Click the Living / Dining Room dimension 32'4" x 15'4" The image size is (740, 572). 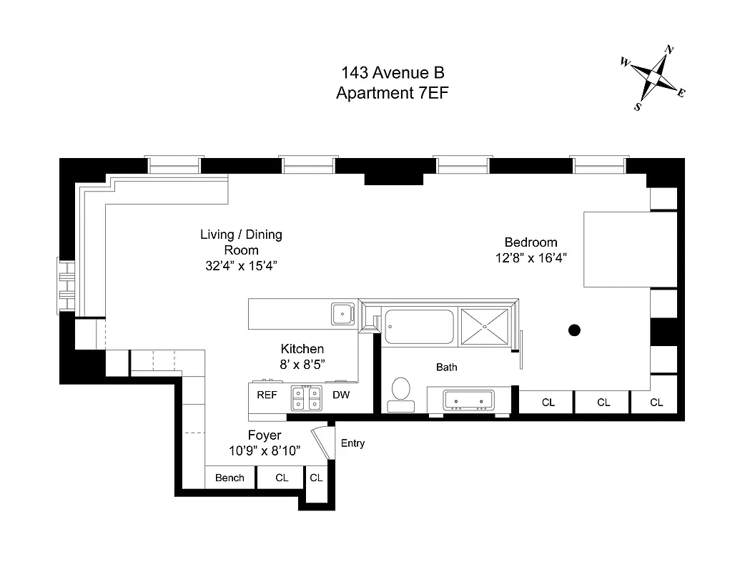[x=240, y=266]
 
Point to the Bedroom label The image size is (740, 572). [x=531, y=242]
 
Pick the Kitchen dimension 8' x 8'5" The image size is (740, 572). [x=302, y=363]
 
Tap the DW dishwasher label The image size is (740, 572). [x=340, y=394]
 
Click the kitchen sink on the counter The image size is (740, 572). [x=342, y=313]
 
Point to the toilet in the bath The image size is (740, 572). [x=401, y=392]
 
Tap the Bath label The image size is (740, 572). [x=447, y=368]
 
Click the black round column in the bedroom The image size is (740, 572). [x=573, y=330]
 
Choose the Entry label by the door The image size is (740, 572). [x=352, y=443]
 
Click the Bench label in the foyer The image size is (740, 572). [x=230, y=478]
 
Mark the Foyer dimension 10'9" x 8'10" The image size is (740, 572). [x=264, y=450]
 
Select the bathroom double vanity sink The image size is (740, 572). [x=468, y=400]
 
